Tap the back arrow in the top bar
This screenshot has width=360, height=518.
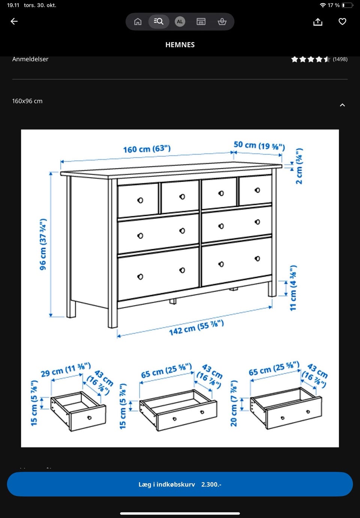tap(14, 21)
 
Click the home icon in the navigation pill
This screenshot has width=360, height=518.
tap(138, 21)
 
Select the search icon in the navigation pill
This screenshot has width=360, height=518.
tap(159, 21)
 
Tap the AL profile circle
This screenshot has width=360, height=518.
tap(180, 21)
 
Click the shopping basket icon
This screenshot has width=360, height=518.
tap(222, 21)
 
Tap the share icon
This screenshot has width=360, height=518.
tap(318, 22)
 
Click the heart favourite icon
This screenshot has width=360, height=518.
tap(342, 21)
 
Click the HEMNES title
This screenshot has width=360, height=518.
tap(180, 45)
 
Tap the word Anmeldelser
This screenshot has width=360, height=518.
tap(30, 59)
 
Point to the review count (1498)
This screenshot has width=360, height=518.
tap(340, 59)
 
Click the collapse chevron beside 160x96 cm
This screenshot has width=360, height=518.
tap(342, 105)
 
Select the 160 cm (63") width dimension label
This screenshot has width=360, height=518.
tap(147, 149)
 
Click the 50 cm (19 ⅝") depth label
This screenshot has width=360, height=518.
tap(259, 146)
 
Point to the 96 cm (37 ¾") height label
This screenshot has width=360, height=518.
tap(43, 244)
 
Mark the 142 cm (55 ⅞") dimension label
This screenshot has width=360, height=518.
tap(196, 328)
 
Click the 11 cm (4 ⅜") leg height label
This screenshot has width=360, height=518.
tap(293, 288)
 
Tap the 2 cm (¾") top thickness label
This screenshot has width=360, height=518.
tap(299, 166)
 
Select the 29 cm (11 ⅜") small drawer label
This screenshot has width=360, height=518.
tap(66, 369)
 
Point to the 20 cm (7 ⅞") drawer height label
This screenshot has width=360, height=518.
tap(234, 403)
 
